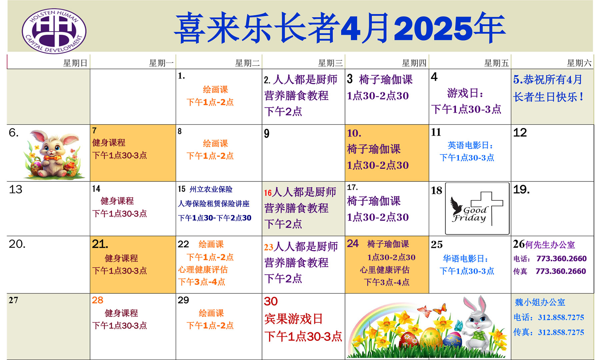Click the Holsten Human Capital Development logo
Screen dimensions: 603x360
click(x=54, y=31)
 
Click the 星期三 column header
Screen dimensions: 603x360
click(x=330, y=63)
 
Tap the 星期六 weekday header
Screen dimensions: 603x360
click(x=579, y=63)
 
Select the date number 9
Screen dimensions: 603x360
click(x=267, y=134)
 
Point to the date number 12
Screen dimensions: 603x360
click(x=520, y=133)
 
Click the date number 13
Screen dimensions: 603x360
click(x=16, y=189)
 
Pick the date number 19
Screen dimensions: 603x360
click(x=521, y=189)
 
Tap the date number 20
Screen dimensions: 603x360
click(x=17, y=244)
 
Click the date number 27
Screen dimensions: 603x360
click(x=13, y=300)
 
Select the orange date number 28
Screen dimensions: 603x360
click(x=98, y=300)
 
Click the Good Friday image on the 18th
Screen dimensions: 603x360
click(x=477, y=208)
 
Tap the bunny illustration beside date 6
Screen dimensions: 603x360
click(x=53, y=154)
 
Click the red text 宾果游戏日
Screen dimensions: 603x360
click(x=293, y=319)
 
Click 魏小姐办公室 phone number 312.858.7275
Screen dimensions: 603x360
click(x=561, y=317)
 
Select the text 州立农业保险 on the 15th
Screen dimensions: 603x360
click(x=211, y=189)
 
